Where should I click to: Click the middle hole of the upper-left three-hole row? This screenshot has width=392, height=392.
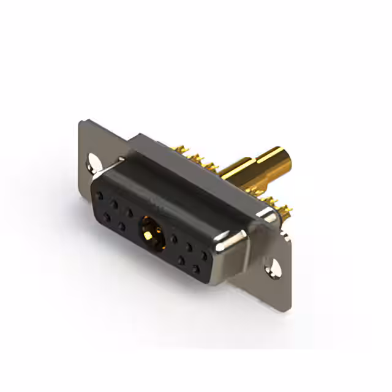coord(115,205)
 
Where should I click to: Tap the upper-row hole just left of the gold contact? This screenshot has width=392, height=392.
coord(129,213)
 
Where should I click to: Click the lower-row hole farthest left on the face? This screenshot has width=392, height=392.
coord(107,217)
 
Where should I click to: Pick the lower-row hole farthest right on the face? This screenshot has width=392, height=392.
coord(196,268)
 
